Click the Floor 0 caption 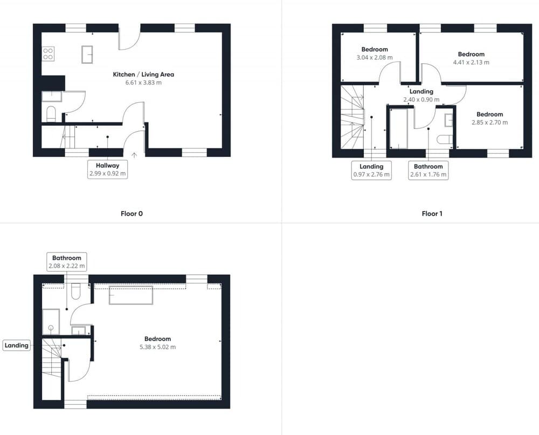coord(132,214)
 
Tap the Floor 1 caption coord(432,214)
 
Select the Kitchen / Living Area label coord(143,74)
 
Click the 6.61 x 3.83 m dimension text coord(143,83)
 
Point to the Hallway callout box coord(108,169)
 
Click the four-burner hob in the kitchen coord(48,54)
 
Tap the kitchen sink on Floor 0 coord(87,55)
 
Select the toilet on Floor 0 coord(51,114)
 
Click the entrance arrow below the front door coord(134,155)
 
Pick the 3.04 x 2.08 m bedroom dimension coord(375,57)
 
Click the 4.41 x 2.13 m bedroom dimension coord(471,62)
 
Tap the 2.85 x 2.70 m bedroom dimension coord(489,122)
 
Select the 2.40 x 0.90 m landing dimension coord(421,99)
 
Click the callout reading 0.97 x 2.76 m coord(371,171)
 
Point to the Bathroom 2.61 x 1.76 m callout coord(429,171)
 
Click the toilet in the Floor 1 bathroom coord(445,140)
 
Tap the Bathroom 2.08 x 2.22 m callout coord(67,262)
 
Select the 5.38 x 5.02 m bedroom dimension coord(157,347)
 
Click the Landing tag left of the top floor coord(17,345)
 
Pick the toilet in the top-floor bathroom coord(75,291)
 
